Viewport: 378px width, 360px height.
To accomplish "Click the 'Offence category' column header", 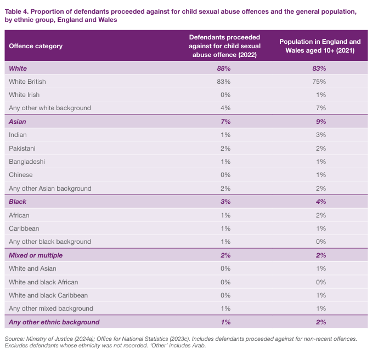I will coord(36,46).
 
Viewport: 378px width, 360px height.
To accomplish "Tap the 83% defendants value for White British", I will coord(224,82).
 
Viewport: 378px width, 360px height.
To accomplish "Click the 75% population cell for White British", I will coord(319,82).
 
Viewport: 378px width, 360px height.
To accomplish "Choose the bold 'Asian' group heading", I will coord(18,122).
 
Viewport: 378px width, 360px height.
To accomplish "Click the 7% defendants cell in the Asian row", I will coord(224,122).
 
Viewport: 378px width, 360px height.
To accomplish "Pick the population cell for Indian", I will coord(319,135).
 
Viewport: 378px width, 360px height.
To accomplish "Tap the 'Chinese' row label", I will coord(21,175).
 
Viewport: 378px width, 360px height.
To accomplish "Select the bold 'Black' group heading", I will coord(18,202).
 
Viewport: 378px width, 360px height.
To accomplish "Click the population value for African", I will coord(319,215).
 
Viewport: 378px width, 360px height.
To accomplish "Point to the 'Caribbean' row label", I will coord(24,228).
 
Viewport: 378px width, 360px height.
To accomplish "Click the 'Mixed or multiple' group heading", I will coord(36,255).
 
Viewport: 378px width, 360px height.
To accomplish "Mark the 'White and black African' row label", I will coord(43,282).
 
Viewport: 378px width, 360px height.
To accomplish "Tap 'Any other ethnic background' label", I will coord(54,322).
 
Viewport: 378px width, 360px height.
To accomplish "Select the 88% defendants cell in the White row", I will coord(224,68).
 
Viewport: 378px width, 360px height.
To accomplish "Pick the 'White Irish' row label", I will coord(24,95).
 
